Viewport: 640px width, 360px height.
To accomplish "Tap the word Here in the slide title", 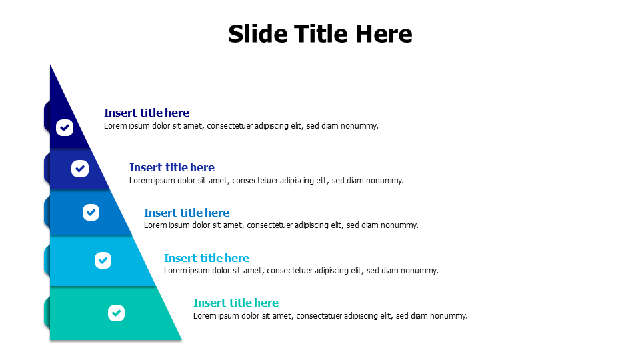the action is pyautogui.click(x=384, y=33).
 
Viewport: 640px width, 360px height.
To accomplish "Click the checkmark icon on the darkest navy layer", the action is pyautogui.click(x=65, y=128).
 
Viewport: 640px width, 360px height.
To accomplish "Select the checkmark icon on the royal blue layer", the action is pyautogui.click(x=80, y=169).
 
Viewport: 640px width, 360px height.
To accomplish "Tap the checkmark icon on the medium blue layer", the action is pyautogui.click(x=91, y=212).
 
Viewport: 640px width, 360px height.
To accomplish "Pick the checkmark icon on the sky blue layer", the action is pyautogui.click(x=103, y=261).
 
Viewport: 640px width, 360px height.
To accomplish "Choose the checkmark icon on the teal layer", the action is pyautogui.click(x=116, y=313).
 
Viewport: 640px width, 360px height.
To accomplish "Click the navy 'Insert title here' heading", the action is pyautogui.click(x=147, y=113).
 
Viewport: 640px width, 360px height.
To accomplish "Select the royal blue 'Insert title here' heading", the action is pyautogui.click(x=172, y=167).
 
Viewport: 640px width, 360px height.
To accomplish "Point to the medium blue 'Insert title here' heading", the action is pyautogui.click(x=187, y=213).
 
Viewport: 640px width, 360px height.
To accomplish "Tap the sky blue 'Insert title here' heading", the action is pyautogui.click(x=207, y=258).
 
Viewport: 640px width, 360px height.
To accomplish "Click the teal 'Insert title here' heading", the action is pyautogui.click(x=236, y=303).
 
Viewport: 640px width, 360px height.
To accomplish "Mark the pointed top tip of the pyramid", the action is pyautogui.click(x=50, y=65).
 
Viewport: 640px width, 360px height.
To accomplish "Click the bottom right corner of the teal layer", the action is pyautogui.click(x=181, y=339).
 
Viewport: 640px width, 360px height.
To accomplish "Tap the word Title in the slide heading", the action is pyautogui.click(x=322, y=33).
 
